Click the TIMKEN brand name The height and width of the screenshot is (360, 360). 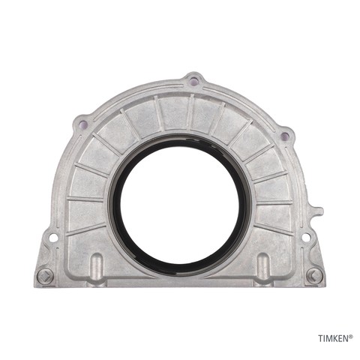(334, 338)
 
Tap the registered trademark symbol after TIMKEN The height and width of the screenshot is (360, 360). (351, 337)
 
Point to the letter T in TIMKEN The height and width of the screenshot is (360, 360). (321, 338)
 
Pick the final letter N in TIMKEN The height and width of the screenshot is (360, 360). (346, 338)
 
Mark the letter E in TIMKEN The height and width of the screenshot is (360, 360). (340, 338)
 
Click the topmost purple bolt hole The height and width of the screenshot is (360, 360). (193, 81)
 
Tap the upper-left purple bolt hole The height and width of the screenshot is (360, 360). (83, 123)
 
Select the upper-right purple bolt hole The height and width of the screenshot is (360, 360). (284, 136)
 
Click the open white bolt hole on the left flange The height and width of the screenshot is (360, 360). (53, 237)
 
